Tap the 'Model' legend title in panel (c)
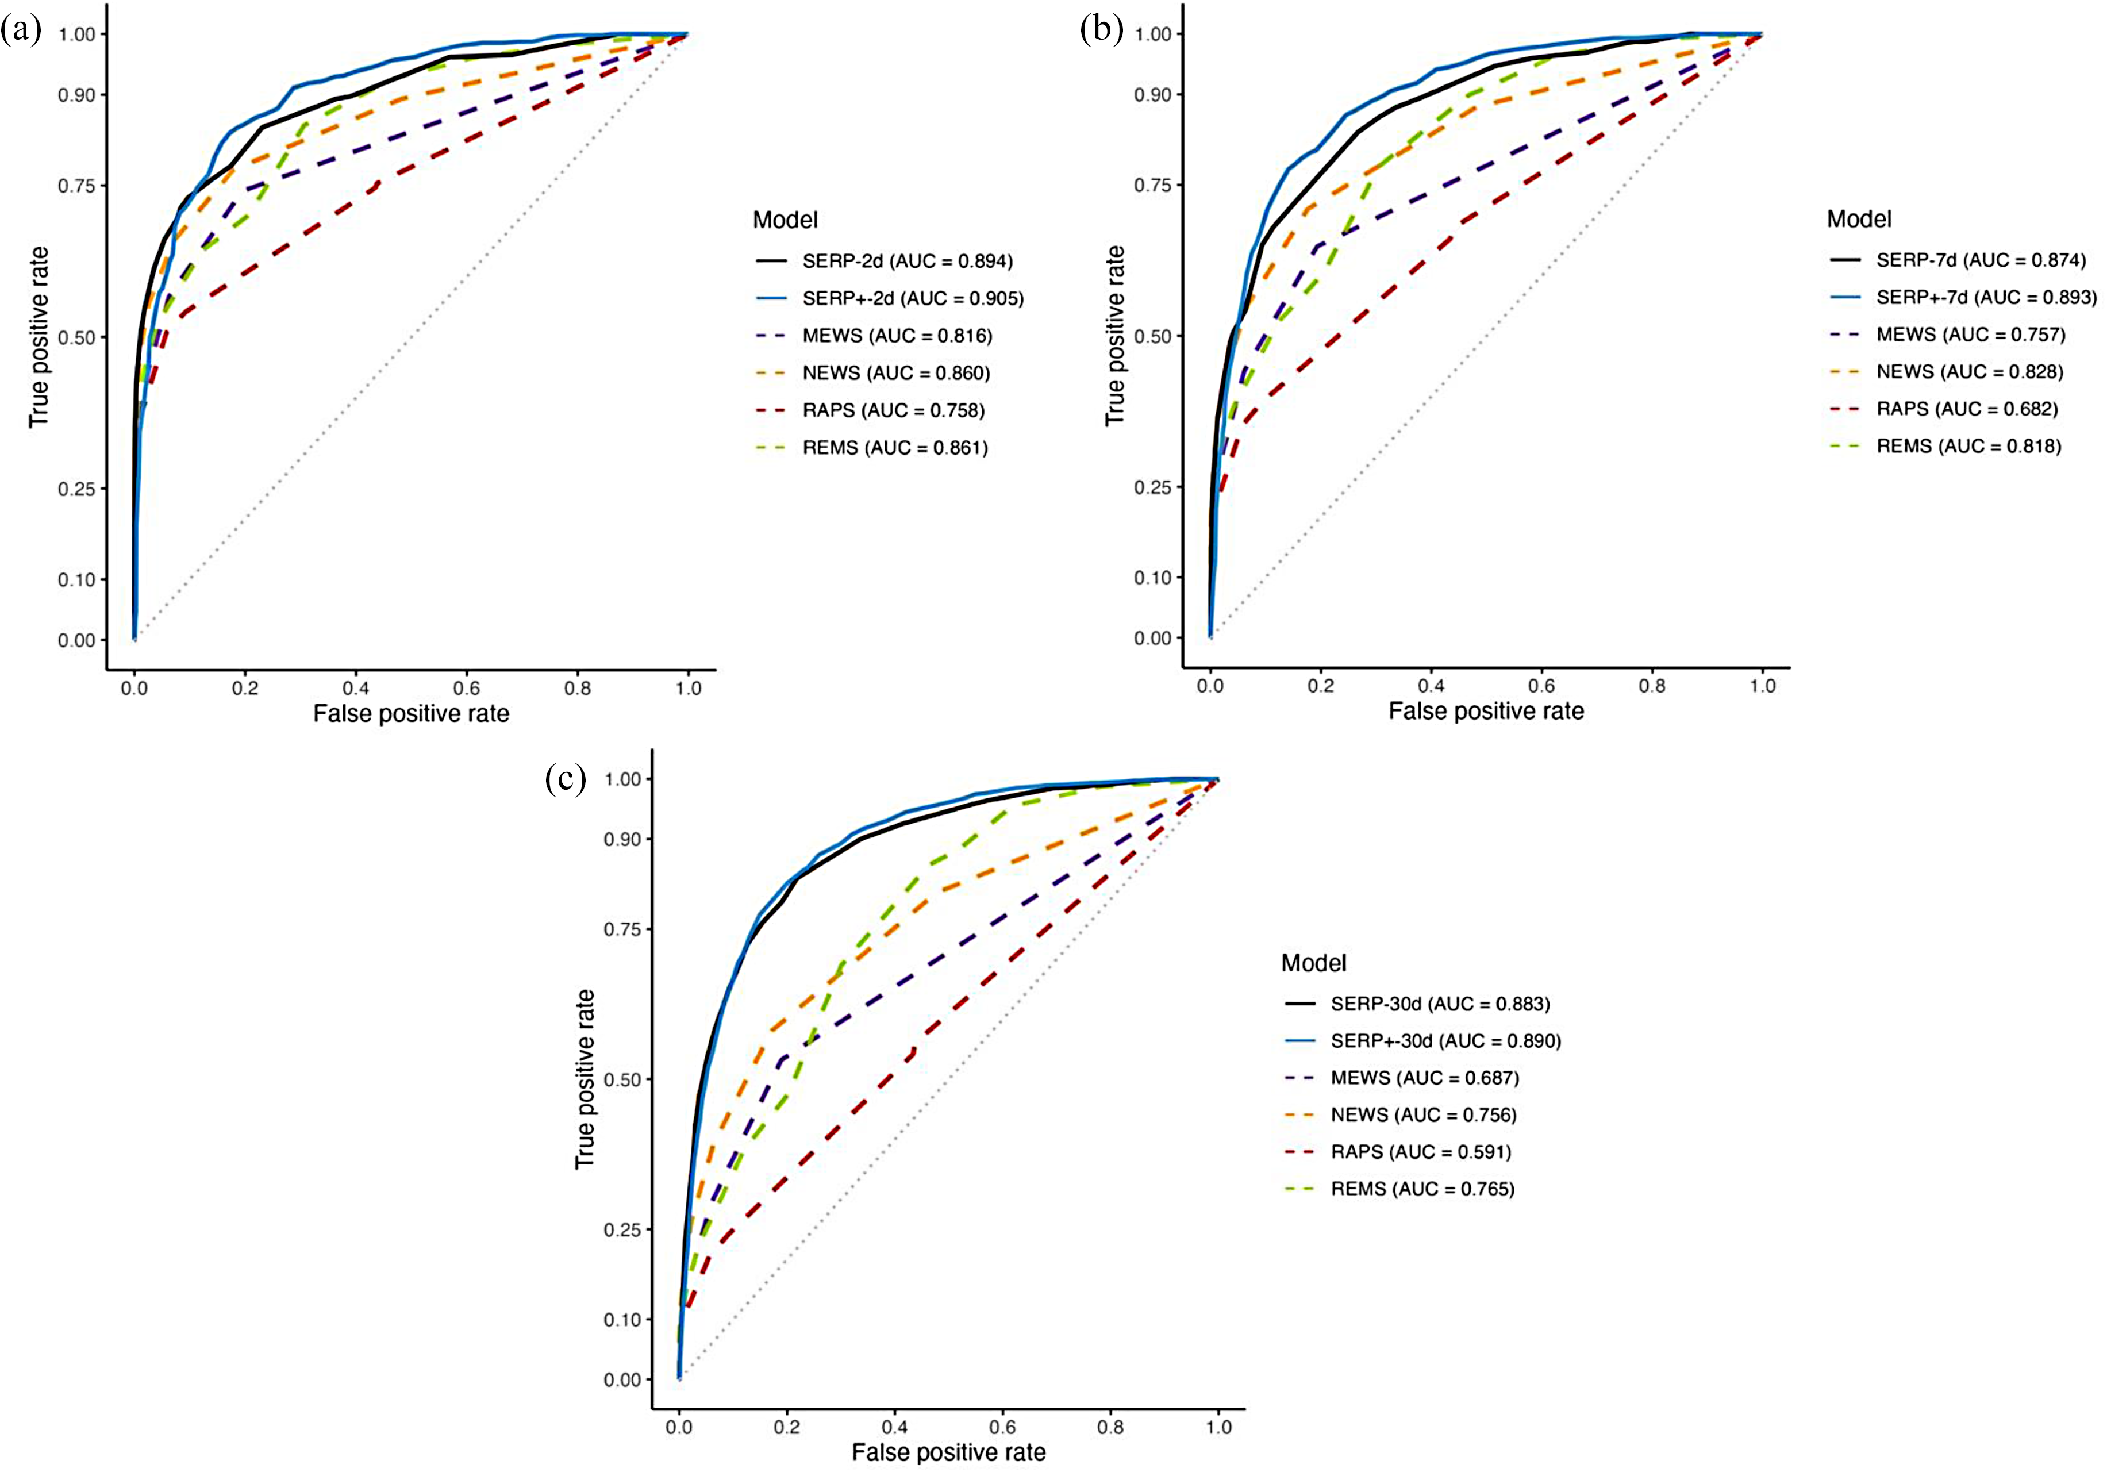[x=1313, y=963]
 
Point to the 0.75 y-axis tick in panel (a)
[x=77, y=186]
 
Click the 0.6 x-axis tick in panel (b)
[x=1541, y=686]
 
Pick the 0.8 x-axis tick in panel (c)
[x=1110, y=1427]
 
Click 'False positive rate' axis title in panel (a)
[x=411, y=714]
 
